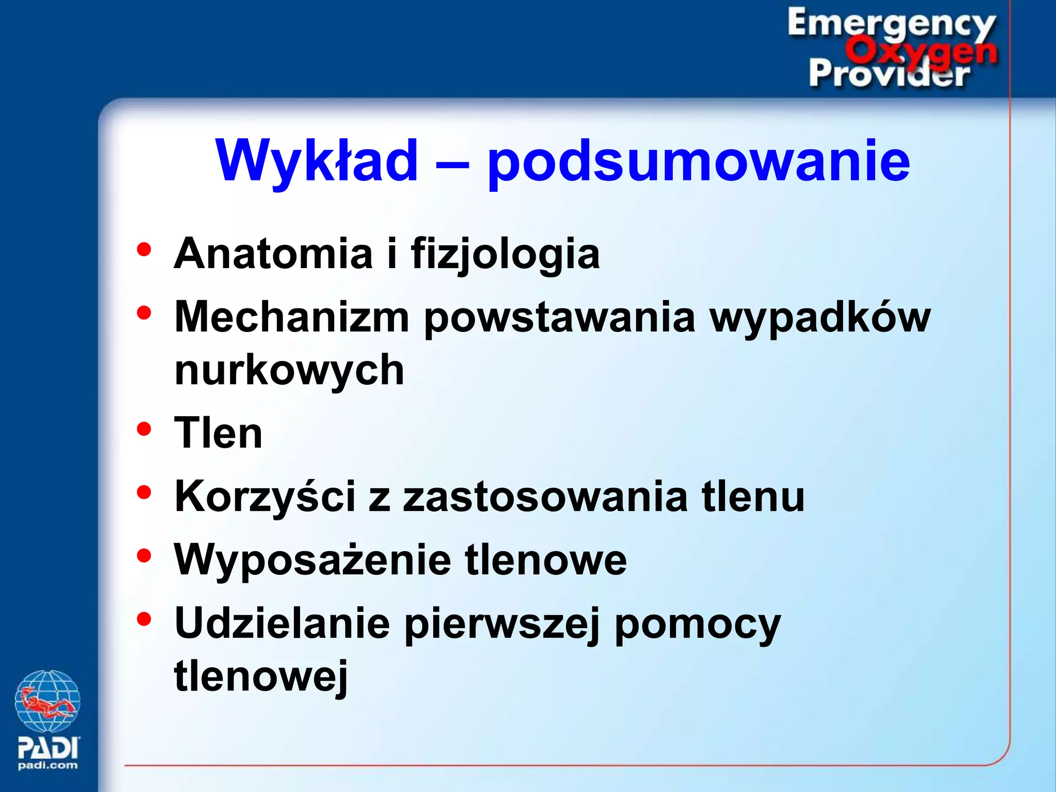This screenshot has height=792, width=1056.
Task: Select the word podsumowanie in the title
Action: pos(699,162)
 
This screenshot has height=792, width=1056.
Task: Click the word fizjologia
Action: pos(505,254)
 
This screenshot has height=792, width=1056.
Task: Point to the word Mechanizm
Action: pos(292,317)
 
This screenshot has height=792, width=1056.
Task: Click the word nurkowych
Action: pos(289,370)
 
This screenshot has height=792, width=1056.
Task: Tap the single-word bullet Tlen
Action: pos(219,433)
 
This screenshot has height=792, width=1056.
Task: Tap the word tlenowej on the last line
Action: pos(261,676)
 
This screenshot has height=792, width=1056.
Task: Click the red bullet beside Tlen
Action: pos(144,429)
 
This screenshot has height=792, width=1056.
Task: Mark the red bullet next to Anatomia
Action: pos(144,250)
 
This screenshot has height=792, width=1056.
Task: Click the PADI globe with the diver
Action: pos(47,701)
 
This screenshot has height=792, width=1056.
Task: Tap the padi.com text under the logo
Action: pos(48,766)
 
